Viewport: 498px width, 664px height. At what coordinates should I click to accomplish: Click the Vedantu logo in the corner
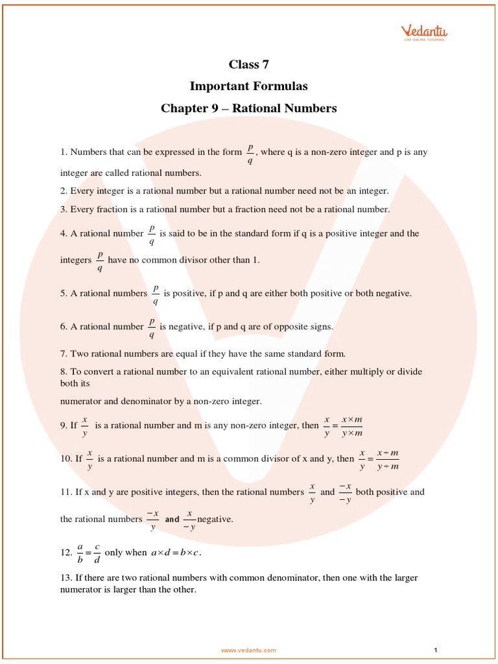tap(424, 32)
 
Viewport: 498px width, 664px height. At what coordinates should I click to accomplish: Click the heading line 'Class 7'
tap(248, 64)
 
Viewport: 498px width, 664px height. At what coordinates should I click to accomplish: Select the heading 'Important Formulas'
tap(248, 86)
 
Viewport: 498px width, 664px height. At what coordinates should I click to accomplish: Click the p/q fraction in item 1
tap(250, 154)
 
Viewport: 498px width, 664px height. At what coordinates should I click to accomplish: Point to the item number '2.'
tap(64, 191)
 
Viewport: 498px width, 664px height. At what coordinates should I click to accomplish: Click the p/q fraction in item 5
tap(156, 294)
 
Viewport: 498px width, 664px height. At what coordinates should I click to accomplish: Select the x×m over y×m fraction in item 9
tap(351, 427)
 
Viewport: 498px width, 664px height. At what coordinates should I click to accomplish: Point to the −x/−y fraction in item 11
tap(345, 493)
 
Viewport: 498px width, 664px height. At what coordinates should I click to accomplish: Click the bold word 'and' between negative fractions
tap(172, 519)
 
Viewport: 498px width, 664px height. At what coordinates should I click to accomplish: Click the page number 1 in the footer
tap(436, 650)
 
